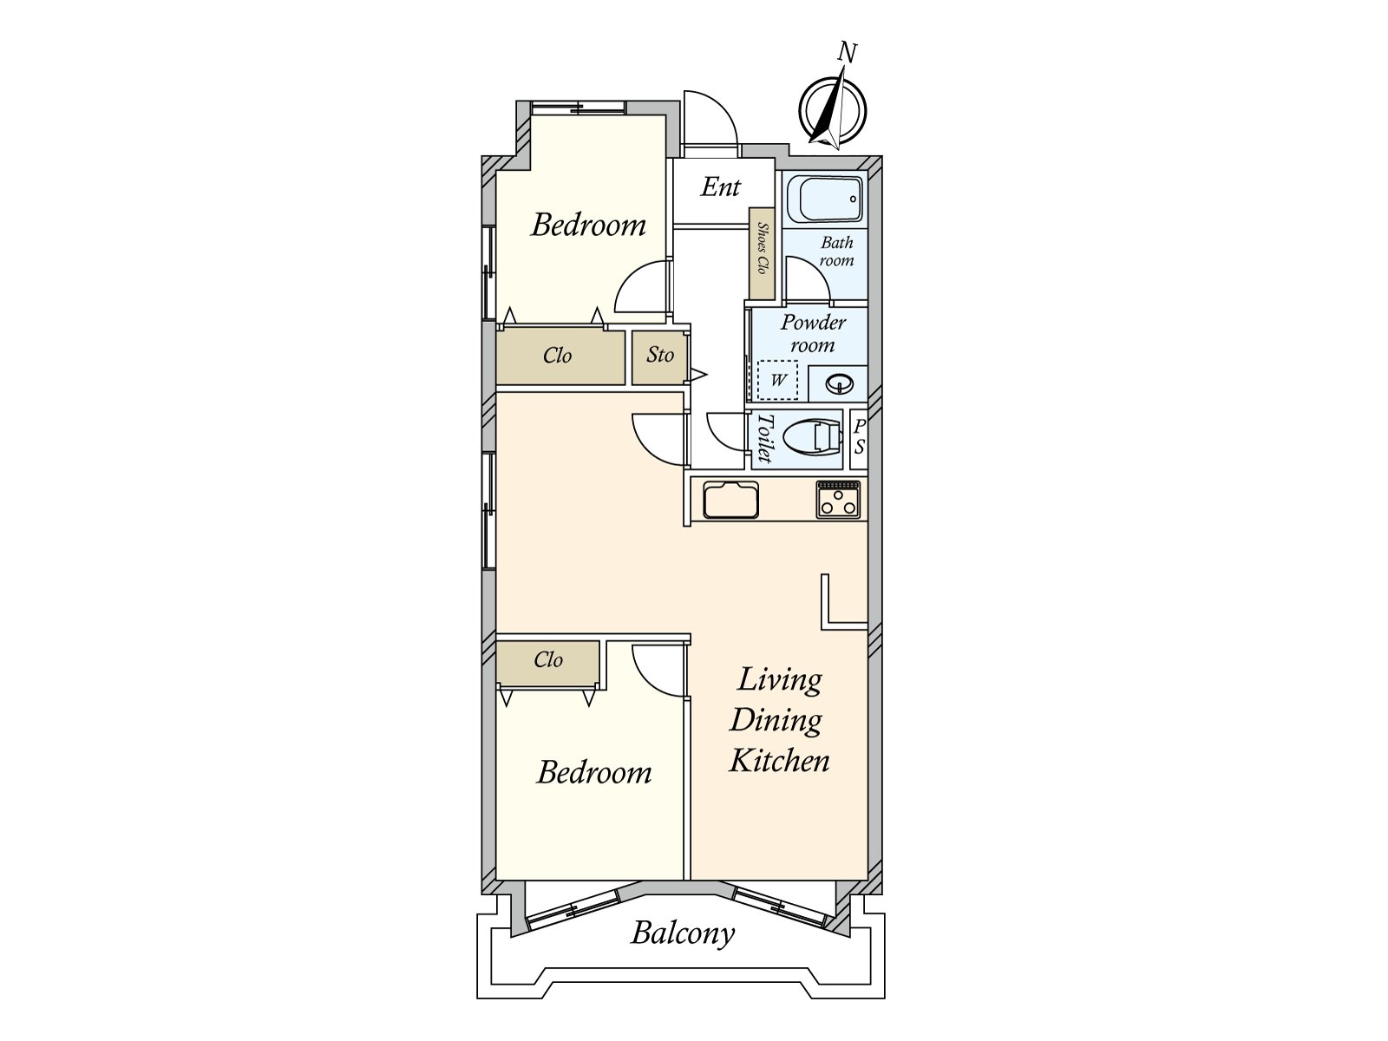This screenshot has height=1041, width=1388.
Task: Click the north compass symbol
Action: point(832,111)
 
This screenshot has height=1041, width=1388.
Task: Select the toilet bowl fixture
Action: point(814,438)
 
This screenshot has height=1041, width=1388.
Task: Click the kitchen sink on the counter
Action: point(730,501)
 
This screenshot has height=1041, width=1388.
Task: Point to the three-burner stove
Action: point(838,501)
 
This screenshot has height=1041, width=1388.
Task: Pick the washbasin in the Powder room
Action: point(838,383)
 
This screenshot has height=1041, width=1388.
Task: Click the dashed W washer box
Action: point(778,381)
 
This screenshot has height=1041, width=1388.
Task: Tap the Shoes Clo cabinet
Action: point(763,253)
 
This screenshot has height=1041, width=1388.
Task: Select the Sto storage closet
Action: point(660,356)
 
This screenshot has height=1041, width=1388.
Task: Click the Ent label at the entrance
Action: point(721,187)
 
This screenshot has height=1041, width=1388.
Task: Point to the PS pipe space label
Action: point(859,437)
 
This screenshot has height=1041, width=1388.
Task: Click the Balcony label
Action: point(683,933)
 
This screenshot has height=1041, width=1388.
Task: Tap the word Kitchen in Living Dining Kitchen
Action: point(779,761)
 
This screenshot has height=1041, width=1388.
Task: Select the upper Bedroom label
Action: point(588,225)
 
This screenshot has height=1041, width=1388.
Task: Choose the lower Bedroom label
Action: point(594,772)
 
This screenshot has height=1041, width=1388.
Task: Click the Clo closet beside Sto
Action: point(558,356)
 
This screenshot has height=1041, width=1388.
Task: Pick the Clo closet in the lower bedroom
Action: point(548,660)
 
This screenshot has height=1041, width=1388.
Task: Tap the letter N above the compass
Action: point(848,53)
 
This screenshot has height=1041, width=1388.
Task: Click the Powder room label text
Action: point(812,333)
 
